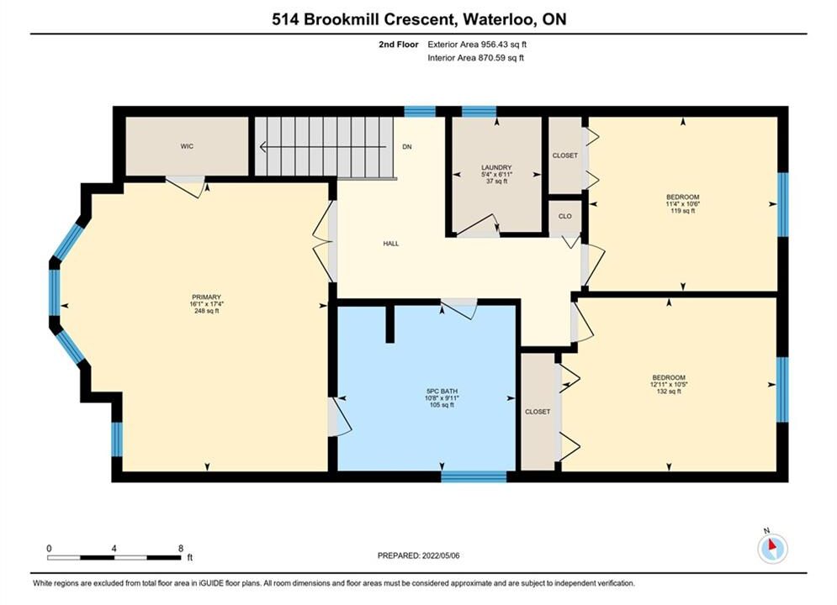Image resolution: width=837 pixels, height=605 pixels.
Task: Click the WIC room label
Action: tap(187, 146)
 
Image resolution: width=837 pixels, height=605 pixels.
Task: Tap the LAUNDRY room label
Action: tap(496, 167)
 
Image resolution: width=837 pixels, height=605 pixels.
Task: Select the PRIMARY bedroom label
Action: tap(207, 297)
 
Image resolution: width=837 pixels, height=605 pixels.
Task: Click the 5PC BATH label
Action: tap(442, 392)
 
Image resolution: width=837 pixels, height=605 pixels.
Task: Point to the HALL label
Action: tap(391, 244)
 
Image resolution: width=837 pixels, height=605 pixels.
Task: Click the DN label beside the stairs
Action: tap(407, 146)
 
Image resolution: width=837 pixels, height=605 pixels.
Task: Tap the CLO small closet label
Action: tap(564, 216)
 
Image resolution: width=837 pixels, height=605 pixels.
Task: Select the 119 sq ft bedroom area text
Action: tap(683, 211)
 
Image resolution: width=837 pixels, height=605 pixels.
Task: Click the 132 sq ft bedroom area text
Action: tap(669, 392)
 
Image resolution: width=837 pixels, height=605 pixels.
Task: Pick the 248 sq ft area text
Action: tap(207, 311)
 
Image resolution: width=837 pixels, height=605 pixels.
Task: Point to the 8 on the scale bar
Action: tap(181, 548)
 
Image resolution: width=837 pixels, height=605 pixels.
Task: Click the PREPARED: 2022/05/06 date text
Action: tap(419, 555)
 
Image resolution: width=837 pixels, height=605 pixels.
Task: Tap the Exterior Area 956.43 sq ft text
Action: tap(477, 45)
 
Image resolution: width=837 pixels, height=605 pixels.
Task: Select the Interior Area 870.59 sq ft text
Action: tap(475, 58)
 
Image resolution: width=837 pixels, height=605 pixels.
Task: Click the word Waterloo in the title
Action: tap(500, 19)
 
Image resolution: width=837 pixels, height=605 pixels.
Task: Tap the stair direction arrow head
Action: tap(262, 146)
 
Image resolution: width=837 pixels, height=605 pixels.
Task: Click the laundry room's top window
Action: tap(479, 112)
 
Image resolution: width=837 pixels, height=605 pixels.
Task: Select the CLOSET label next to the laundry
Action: tap(564, 155)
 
